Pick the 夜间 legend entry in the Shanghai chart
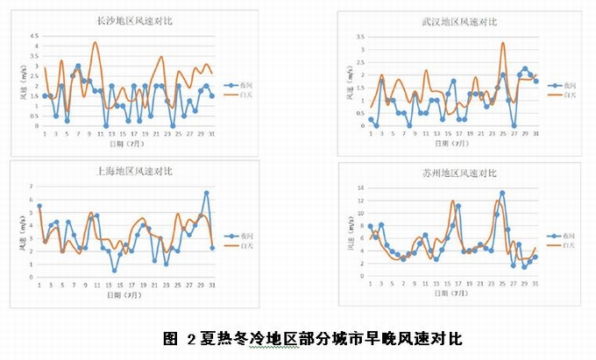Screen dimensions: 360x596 coord(252,236)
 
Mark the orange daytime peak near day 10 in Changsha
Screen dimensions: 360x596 coord(96,42)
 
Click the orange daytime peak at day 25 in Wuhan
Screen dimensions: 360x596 coord(503,43)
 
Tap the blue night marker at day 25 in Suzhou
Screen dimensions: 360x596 coord(502,194)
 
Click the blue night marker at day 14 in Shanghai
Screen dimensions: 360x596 coord(115,270)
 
